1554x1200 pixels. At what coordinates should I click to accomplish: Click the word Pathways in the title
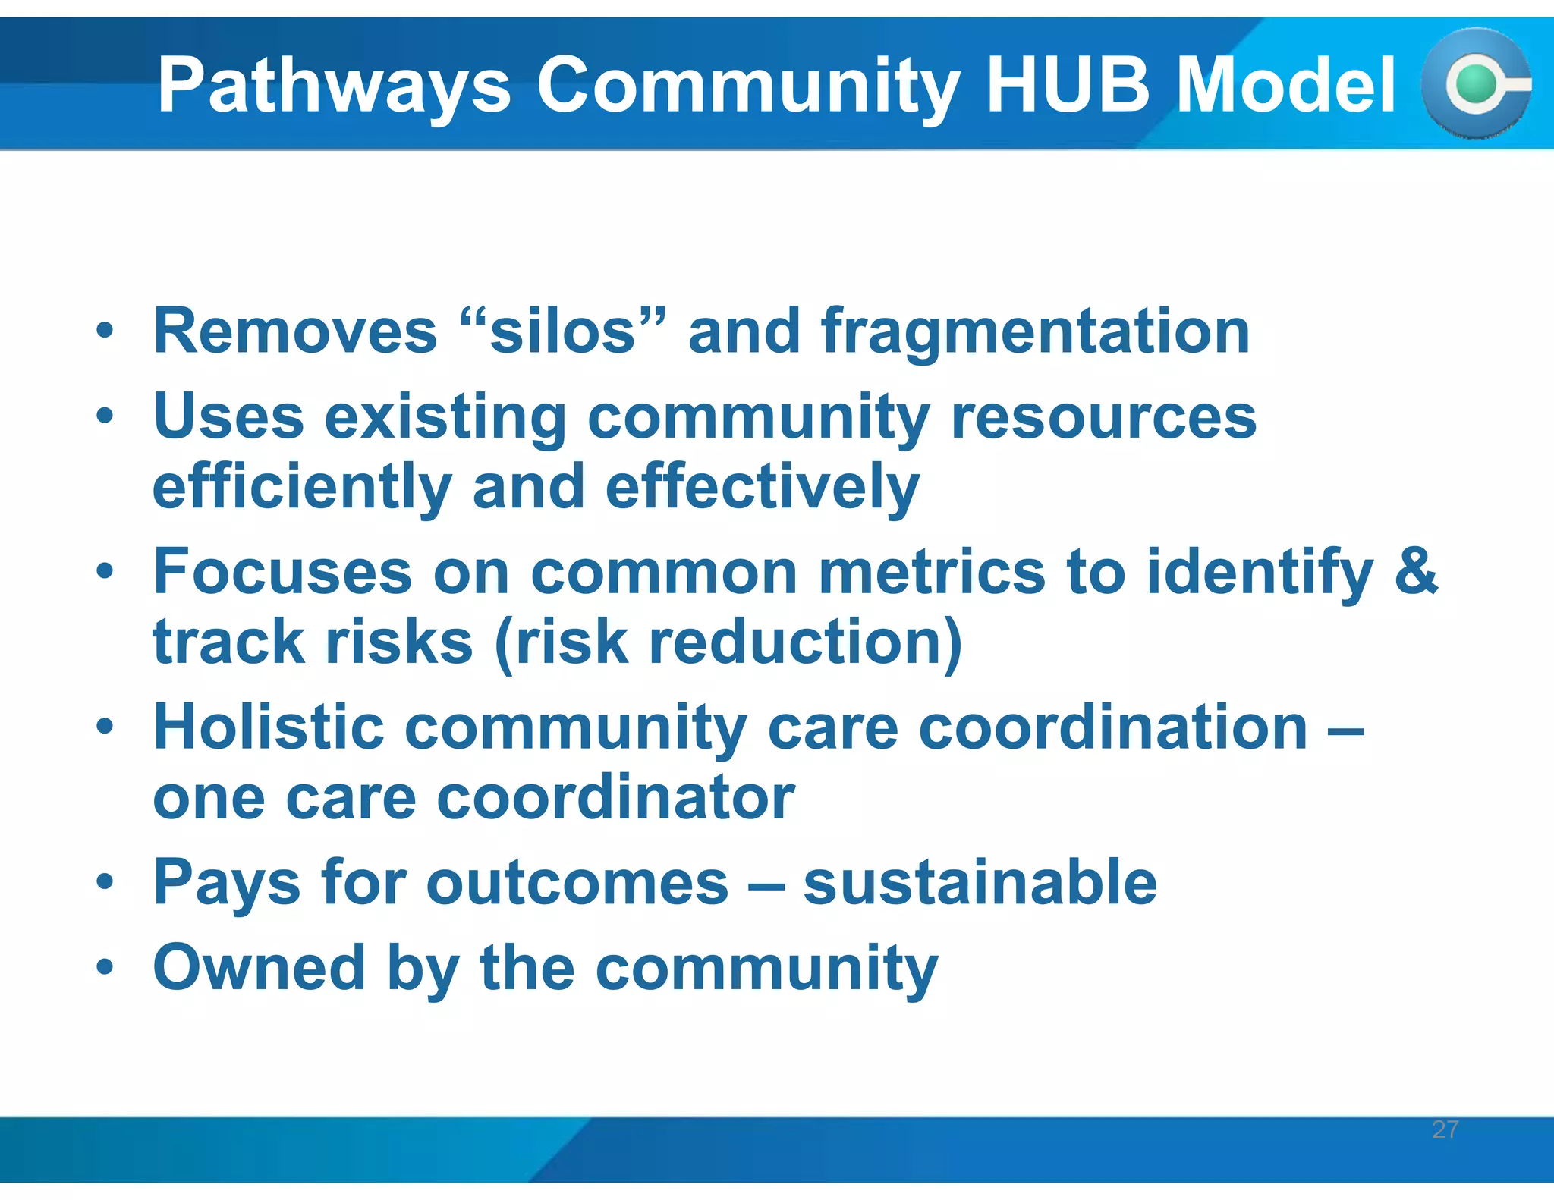334,85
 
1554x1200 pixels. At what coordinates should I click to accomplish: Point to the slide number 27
1445,1129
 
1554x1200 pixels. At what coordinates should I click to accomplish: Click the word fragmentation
1035,332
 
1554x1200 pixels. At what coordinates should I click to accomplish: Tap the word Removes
296,332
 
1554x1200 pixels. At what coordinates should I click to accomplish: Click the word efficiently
302,487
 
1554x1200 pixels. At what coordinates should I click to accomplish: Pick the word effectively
763,487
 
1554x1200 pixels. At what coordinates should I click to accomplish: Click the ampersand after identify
1416,570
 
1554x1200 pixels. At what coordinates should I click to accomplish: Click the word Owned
260,967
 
